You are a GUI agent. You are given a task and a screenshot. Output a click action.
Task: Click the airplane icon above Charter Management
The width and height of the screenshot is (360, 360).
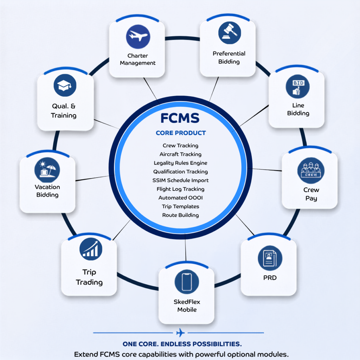click(x=138, y=37)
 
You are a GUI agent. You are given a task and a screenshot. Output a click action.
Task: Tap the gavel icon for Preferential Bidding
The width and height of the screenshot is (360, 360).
click(x=230, y=33)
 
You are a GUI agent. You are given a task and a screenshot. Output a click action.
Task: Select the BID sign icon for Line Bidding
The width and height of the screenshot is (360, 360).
click(x=297, y=86)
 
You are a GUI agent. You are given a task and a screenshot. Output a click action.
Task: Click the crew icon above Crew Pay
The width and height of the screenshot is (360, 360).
click(x=311, y=171)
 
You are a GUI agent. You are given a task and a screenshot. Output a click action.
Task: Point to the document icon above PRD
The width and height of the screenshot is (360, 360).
click(x=270, y=258)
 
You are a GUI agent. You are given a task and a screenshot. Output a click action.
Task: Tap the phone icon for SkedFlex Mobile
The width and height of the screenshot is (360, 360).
click(x=187, y=282)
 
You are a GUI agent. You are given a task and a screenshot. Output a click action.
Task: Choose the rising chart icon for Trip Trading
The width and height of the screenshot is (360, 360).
click(x=91, y=249)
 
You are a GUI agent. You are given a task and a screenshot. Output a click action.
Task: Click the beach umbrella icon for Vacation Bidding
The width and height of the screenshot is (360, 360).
click(x=47, y=170)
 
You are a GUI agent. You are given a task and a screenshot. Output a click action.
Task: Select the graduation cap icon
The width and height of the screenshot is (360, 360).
click(x=65, y=85)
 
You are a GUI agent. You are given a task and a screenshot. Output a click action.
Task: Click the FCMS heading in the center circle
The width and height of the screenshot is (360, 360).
click(x=180, y=118)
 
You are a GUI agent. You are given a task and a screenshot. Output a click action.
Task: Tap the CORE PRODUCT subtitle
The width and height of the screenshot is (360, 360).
click(x=181, y=133)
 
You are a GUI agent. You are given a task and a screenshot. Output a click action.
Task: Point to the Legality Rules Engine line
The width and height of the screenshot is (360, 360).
click(x=180, y=163)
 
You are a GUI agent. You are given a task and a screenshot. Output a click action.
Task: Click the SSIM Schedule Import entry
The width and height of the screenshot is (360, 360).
click(x=180, y=180)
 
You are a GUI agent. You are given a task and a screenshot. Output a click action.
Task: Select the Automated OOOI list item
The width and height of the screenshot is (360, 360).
click(x=180, y=198)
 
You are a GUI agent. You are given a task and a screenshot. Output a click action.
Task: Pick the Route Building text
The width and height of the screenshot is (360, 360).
click(x=180, y=215)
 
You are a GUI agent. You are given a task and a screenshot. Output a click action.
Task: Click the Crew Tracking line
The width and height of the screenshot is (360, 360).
click(x=180, y=146)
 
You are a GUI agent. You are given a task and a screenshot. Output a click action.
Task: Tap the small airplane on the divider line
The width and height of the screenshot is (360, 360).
click(x=180, y=333)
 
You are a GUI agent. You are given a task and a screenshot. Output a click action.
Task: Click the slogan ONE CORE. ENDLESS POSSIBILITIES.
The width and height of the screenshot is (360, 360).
click(x=182, y=344)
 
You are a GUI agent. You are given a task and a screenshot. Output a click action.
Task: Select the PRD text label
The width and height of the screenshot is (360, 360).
click(x=270, y=278)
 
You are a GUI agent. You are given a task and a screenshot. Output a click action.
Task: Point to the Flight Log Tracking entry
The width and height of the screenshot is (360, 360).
click(x=180, y=189)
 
